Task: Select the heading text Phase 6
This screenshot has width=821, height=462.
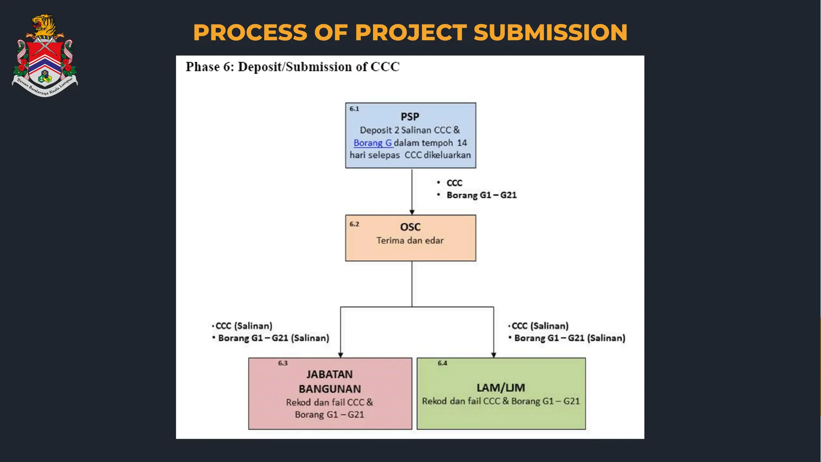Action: pos(209,67)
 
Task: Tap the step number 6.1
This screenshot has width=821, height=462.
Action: pos(354,109)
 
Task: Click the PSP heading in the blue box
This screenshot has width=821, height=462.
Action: pos(410,117)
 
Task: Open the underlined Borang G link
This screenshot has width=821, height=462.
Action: pos(372,143)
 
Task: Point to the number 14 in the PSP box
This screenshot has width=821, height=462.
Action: pos(462,143)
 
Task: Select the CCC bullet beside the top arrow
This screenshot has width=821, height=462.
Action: pos(454,183)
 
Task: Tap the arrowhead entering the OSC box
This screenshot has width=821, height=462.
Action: pos(412,212)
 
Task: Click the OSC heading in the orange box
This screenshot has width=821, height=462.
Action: pos(410,227)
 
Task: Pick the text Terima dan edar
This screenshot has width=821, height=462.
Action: pos(410,241)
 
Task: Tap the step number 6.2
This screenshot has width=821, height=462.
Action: pos(354,224)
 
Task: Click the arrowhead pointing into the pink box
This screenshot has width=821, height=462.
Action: pos(340,355)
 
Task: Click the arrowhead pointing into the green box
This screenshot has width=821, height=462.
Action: pos(493,355)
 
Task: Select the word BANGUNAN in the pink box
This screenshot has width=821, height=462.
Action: pos(330,389)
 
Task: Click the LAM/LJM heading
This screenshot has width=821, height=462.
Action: pos(500,388)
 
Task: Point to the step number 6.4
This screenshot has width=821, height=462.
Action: pos(442,363)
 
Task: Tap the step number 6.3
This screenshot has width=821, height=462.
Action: pos(283,363)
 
